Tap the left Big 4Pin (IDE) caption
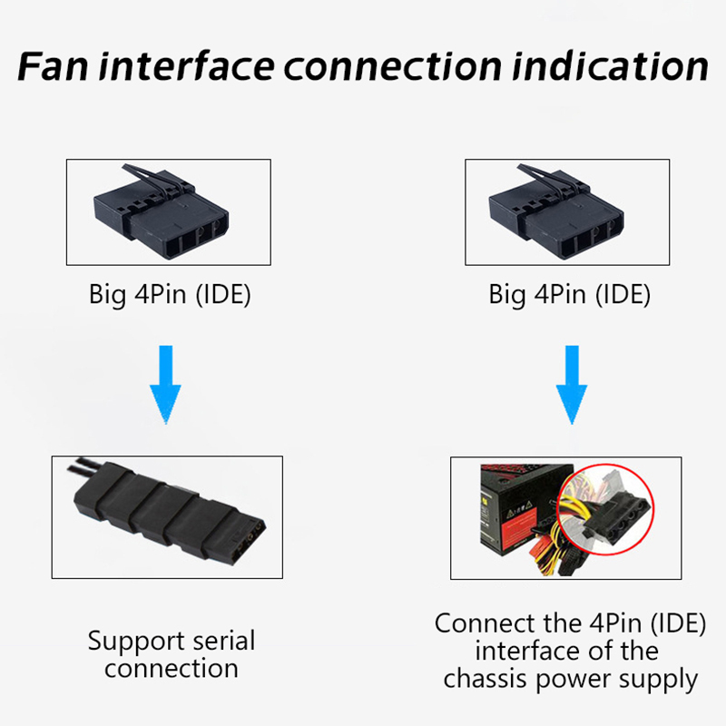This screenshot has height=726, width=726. (170, 295)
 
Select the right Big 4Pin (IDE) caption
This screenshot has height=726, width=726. (570, 295)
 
